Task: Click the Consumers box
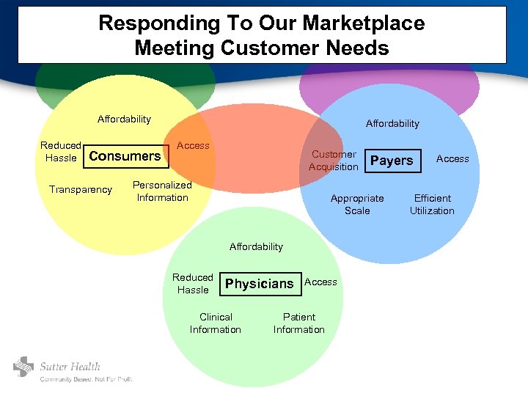(125, 155)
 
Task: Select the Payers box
(392, 161)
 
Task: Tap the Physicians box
(260, 284)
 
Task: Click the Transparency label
(81, 189)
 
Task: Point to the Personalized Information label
(162, 191)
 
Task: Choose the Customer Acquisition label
(334, 161)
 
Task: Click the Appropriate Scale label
(357, 205)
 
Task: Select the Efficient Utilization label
(432, 205)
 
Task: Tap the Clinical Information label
(215, 323)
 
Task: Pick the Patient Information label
(298, 323)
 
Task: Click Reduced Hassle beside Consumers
(61, 152)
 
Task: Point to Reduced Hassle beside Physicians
(193, 284)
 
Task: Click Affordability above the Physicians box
(256, 246)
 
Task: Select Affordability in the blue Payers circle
(392, 123)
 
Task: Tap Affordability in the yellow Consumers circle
(124, 119)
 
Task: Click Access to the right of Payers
(452, 158)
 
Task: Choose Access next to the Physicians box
(320, 282)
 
